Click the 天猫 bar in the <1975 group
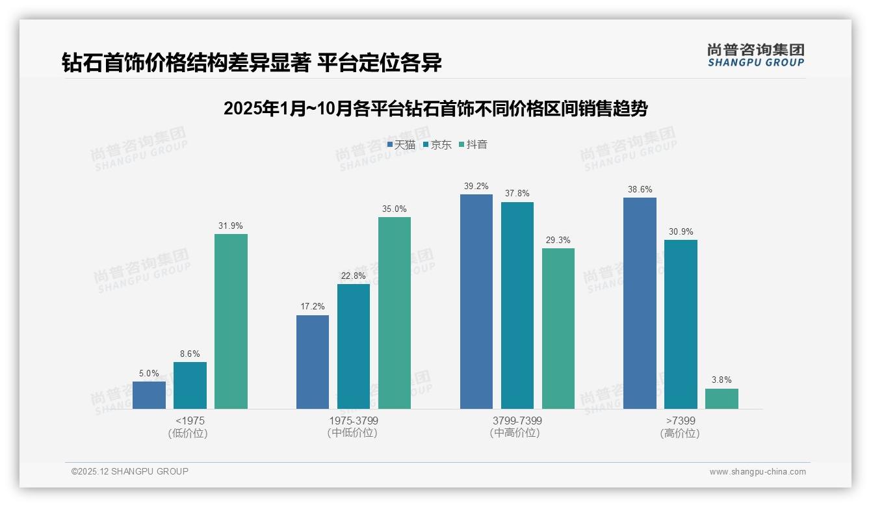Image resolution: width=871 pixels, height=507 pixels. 149,395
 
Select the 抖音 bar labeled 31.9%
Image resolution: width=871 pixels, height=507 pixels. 231,321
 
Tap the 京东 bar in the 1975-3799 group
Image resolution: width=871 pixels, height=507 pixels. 353,346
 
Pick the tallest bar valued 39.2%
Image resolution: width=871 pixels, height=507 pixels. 476,302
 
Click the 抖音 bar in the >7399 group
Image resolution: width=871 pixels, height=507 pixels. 721,398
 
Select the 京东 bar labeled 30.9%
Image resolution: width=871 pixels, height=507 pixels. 681,324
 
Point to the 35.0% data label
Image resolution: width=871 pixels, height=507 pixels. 395,209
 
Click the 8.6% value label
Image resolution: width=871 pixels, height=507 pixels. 190,354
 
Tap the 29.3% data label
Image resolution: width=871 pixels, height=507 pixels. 558,240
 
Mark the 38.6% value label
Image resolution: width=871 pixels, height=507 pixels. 640,190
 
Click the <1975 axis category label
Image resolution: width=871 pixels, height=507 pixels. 189,421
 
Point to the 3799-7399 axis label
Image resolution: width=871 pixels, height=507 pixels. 517,421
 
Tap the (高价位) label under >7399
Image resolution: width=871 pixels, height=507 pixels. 680,433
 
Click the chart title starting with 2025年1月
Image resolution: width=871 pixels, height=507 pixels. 435,109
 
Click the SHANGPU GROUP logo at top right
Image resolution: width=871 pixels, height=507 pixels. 755,55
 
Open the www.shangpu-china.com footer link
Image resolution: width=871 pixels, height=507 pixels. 757,472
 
